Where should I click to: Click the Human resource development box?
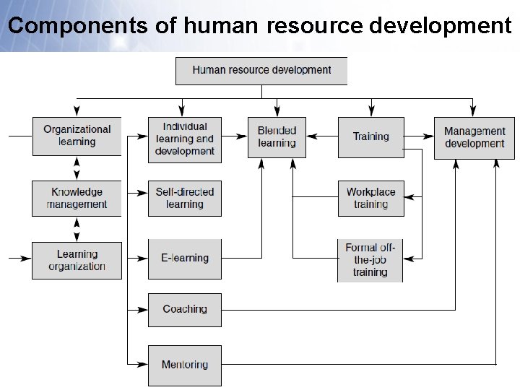tap(261, 71)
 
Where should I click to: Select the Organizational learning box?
tap(77, 136)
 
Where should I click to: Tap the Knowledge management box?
tap(77, 198)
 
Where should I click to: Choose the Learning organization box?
tap(77, 260)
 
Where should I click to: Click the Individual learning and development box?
tap(185, 139)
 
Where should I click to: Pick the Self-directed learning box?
tap(185, 198)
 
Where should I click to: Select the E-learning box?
tap(185, 259)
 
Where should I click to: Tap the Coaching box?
tap(185, 309)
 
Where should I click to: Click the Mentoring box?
tap(185, 365)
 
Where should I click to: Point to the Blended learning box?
tap(277, 136)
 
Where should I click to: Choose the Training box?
tap(371, 136)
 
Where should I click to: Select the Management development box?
tap(474, 137)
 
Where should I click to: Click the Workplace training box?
tap(370, 198)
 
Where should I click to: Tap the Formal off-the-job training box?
tap(370, 260)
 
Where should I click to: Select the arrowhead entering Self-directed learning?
tap(142, 193)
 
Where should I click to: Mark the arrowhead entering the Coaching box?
tap(142, 309)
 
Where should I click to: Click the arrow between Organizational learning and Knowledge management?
tap(77, 168)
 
